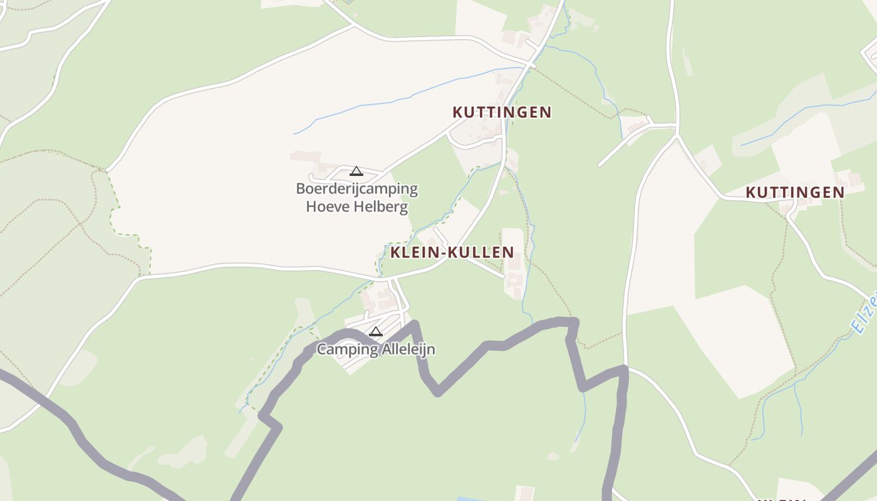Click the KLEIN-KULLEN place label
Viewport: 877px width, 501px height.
point(452,252)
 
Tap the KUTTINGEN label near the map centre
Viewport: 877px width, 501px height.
point(502,112)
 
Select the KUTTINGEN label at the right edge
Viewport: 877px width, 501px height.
point(795,192)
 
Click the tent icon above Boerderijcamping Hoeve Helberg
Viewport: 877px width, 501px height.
point(356,171)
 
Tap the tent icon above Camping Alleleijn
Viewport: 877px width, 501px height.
point(376,331)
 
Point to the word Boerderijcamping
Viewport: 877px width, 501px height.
point(356,189)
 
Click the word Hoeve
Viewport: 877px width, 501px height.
point(327,206)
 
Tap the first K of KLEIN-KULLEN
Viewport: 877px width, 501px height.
point(395,252)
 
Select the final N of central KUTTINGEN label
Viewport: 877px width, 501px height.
point(546,112)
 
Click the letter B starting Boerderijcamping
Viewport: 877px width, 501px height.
point(301,189)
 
